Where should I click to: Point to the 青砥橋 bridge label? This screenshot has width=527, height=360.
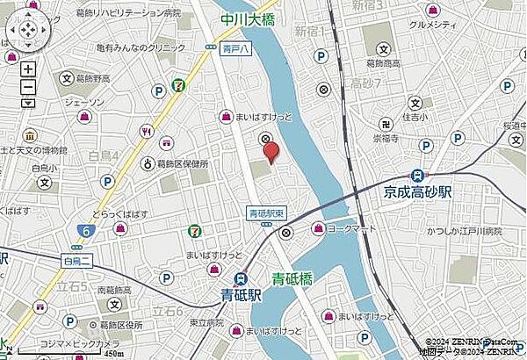[294, 279]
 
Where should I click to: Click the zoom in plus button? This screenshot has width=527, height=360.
[28, 68]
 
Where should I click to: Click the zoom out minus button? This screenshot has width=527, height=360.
[28, 86]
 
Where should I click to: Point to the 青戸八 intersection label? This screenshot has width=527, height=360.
[230, 50]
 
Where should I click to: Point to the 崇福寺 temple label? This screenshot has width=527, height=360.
[385, 138]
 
